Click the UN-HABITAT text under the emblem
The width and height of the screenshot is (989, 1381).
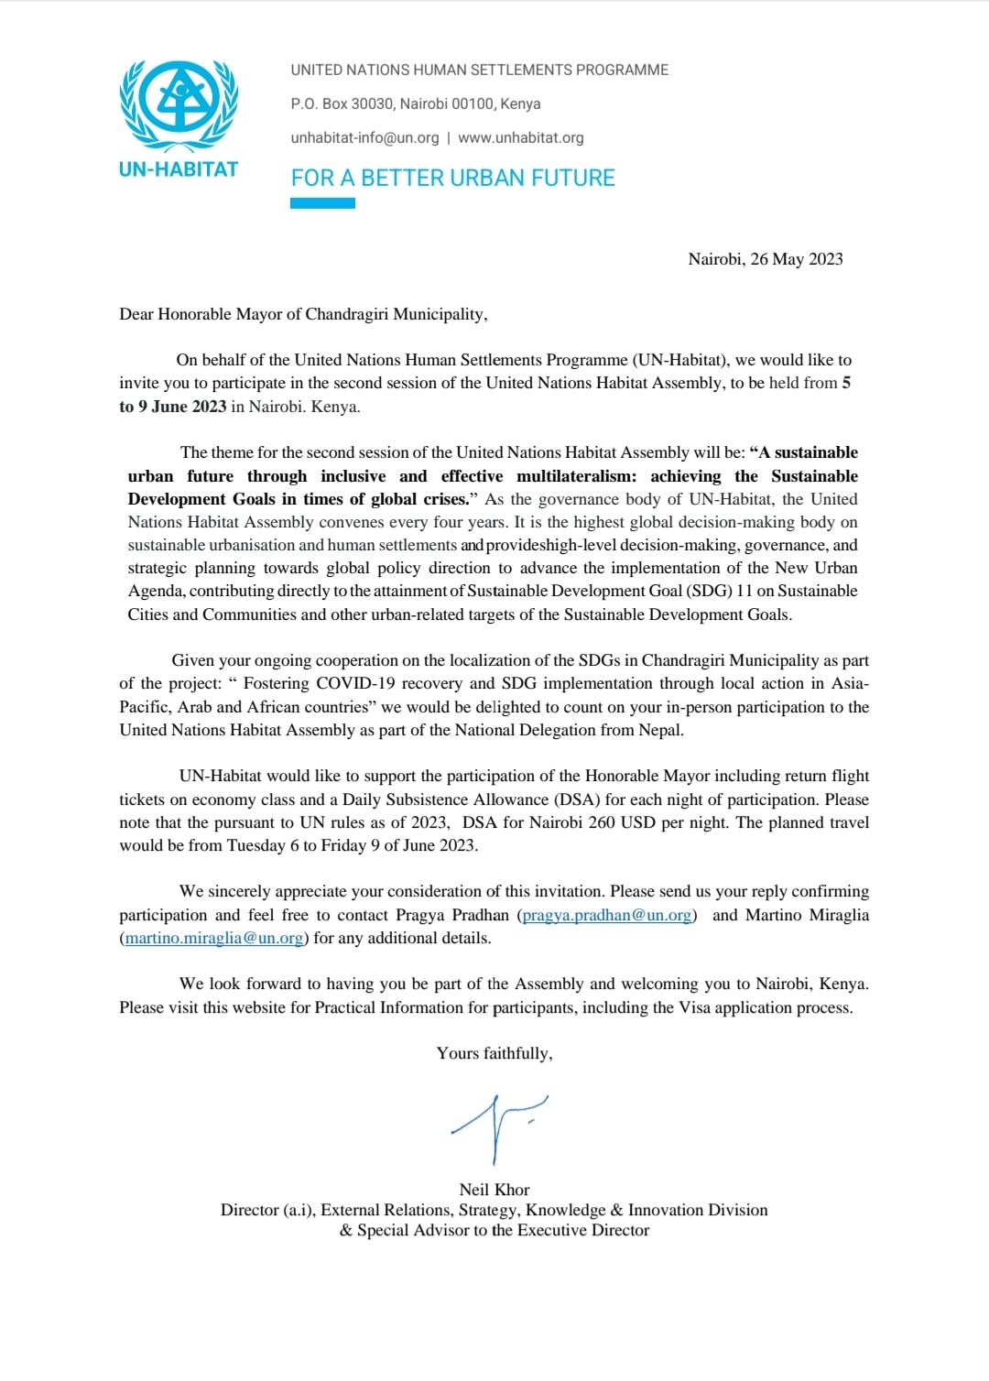(x=179, y=169)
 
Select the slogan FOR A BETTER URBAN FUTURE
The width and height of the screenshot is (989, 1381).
(x=452, y=178)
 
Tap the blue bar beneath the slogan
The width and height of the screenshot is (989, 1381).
(x=322, y=203)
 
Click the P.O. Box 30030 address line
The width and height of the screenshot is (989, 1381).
(x=415, y=103)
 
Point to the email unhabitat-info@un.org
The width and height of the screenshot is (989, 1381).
(x=364, y=137)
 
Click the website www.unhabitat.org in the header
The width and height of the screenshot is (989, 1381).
(x=520, y=137)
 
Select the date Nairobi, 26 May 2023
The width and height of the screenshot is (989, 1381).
(x=765, y=259)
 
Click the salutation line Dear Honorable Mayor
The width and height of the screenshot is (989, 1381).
(x=303, y=314)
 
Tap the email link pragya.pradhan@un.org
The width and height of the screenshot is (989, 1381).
(x=607, y=915)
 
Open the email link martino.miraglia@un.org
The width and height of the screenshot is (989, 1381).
(x=214, y=938)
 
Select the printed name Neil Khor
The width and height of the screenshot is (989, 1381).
(x=494, y=1190)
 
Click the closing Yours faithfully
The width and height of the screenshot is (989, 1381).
(x=494, y=1053)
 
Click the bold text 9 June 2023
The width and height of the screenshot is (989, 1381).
(x=182, y=407)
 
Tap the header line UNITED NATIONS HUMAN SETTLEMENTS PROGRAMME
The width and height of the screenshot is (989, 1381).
(x=479, y=70)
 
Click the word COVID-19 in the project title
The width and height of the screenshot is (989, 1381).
(x=355, y=683)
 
